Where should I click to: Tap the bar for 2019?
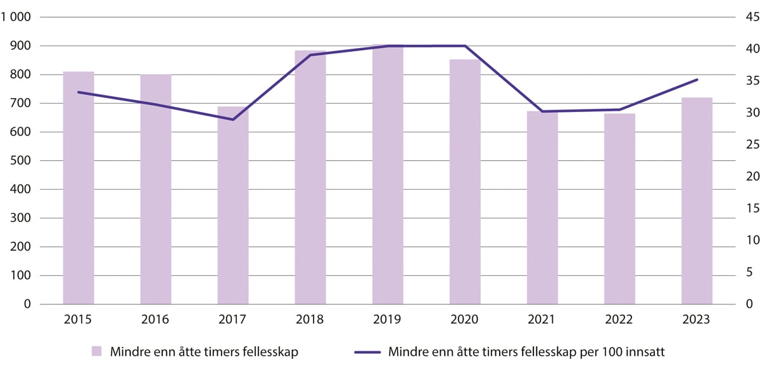[388, 175]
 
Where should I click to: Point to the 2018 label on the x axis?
[310, 320]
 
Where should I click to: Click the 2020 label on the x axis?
[465, 320]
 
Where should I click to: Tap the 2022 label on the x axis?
[619, 320]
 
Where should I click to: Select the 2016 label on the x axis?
[156, 320]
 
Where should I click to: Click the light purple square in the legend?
[97, 351]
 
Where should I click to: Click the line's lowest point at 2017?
[233, 120]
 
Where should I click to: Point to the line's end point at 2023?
[697, 80]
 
